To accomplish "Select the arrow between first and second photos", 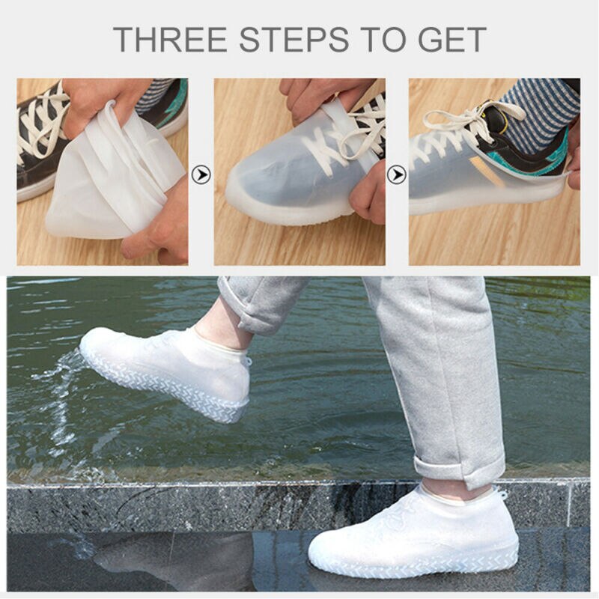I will click(201, 175).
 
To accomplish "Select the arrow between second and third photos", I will click(396, 175).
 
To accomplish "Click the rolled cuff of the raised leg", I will click(255, 314).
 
